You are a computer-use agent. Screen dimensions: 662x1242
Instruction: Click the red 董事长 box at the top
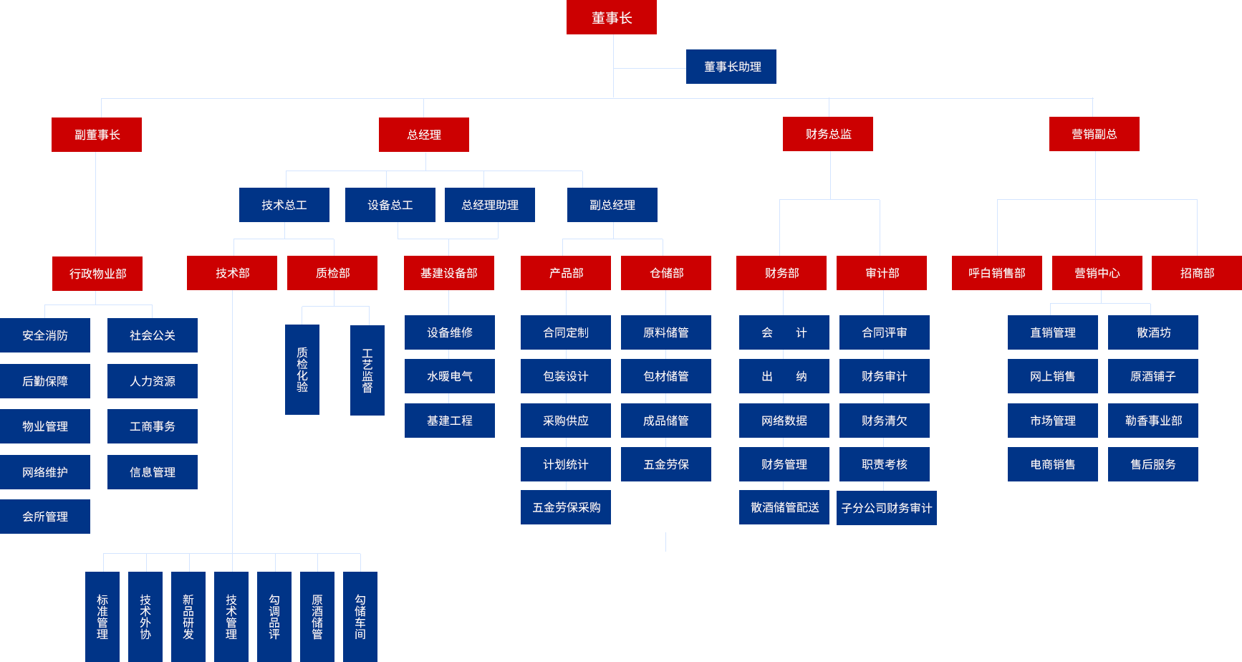611,17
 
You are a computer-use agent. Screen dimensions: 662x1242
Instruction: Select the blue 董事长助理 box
731,67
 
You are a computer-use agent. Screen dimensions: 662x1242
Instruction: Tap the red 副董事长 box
97,135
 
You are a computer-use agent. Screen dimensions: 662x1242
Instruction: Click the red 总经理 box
424,135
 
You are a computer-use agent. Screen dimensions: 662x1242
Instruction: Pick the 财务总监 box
828,134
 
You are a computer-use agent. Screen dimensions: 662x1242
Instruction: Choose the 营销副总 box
1094,134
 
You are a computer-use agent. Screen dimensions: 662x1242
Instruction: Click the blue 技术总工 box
284,205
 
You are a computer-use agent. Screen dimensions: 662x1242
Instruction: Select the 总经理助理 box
490,205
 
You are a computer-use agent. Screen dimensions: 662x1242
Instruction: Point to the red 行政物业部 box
97,274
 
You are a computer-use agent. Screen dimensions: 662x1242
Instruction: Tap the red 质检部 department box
332,273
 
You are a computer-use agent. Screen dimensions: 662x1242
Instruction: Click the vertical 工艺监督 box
367,370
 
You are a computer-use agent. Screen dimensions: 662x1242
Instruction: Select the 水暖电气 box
450,376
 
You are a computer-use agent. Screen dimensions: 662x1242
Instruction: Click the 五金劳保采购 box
566,507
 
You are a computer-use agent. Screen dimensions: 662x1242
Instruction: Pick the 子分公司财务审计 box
887,508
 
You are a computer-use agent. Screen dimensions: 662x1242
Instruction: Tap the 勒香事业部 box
1153,421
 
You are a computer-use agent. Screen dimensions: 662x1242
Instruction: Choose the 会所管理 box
45,517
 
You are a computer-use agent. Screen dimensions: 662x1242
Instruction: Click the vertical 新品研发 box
188,616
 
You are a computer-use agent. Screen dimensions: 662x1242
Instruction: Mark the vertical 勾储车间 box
360,616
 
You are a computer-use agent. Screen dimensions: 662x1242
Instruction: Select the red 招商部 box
1197,273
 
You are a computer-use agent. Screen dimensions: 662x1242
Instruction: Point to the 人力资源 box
153,381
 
